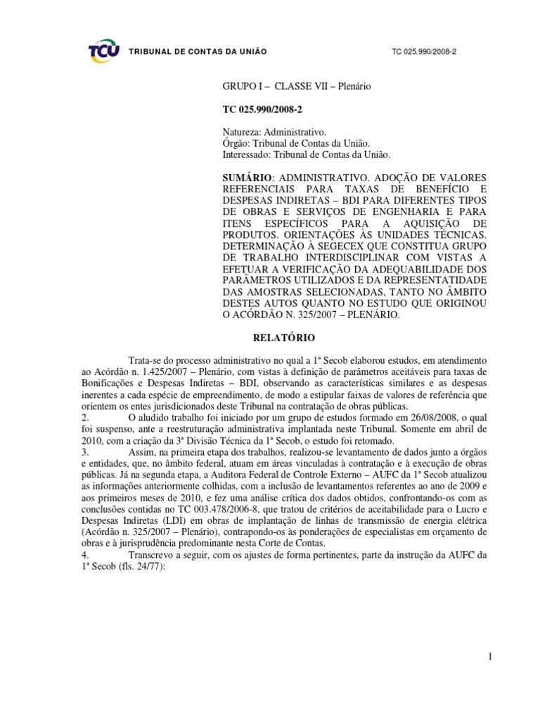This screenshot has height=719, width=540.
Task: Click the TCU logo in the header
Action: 103,51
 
